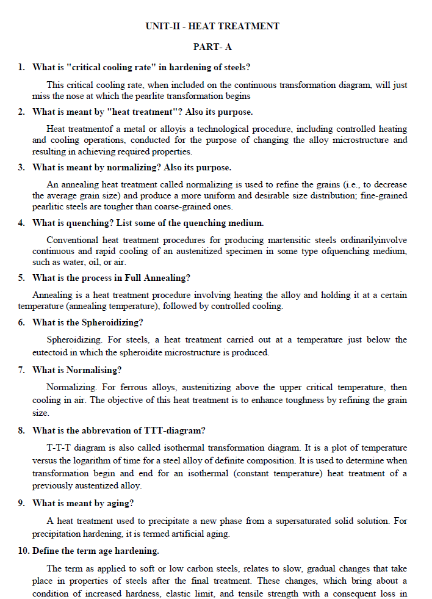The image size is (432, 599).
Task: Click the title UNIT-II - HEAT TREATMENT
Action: tap(212, 26)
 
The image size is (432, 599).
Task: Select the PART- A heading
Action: tap(212, 47)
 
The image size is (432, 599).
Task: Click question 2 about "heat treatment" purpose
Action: tap(142, 112)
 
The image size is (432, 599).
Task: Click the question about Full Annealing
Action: tap(111, 278)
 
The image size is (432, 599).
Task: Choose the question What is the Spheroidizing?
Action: tap(88, 322)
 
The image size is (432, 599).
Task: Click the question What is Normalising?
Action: tap(77, 370)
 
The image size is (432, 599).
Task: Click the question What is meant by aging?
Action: tap(83, 503)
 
